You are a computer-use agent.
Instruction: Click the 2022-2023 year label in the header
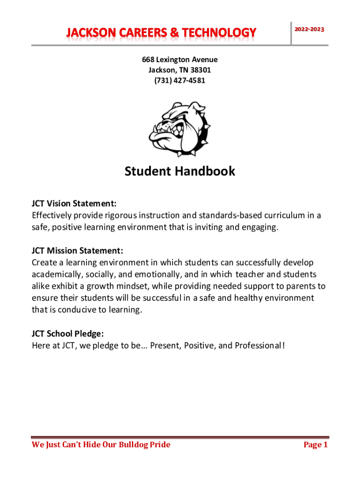309,29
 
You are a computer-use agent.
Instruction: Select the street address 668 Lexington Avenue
180,60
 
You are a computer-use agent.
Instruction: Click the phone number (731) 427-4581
180,80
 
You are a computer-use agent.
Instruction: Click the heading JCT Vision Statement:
74,204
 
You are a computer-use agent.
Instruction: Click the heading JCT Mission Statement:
78,251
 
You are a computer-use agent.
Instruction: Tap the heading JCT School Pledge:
68,334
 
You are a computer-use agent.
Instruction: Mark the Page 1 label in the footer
316,444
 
